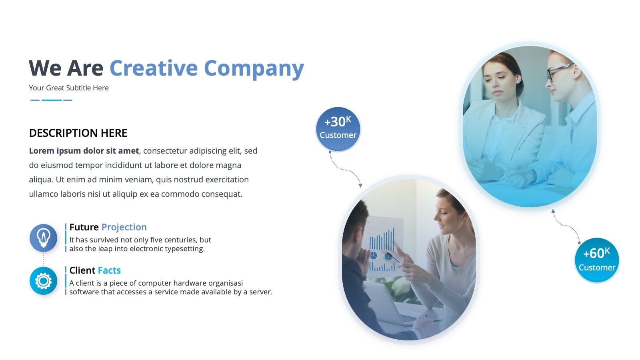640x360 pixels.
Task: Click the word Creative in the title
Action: coord(154,68)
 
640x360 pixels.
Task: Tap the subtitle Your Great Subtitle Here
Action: coord(68,88)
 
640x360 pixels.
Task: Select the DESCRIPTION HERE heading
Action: coord(78,133)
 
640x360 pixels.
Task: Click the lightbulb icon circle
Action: coord(44,238)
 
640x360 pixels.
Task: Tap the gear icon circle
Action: coord(44,281)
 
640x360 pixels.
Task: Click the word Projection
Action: coord(124,227)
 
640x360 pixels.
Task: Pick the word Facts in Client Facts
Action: coord(109,270)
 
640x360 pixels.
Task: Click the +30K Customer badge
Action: coord(338,129)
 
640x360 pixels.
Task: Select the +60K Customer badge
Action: coord(597,260)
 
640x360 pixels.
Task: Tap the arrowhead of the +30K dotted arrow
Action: coord(360,186)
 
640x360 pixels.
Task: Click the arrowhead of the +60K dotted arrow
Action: coord(553,211)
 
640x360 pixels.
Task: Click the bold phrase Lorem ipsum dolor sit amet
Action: coord(84,151)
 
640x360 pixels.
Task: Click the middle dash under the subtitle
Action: coord(52,100)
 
